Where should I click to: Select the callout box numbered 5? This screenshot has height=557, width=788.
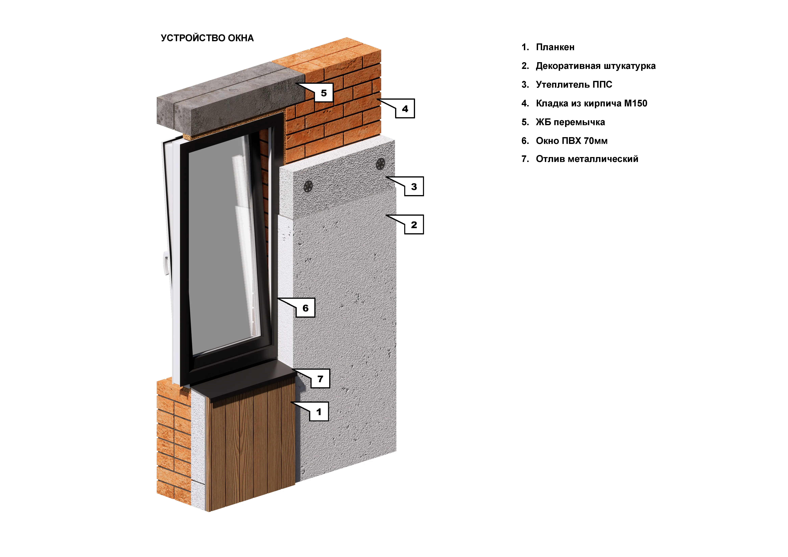pyautogui.click(x=324, y=93)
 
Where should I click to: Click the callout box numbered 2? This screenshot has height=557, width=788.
pyautogui.click(x=414, y=225)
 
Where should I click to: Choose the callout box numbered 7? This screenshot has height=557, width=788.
pyautogui.click(x=320, y=379)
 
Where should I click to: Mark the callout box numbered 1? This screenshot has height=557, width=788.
pyautogui.click(x=319, y=412)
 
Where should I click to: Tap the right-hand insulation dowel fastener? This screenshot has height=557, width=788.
pyautogui.click(x=380, y=164)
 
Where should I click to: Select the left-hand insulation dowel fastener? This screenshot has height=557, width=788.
pyautogui.click(x=308, y=187)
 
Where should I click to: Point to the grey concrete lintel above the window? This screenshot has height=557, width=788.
pyautogui.click(x=230, y=99)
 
